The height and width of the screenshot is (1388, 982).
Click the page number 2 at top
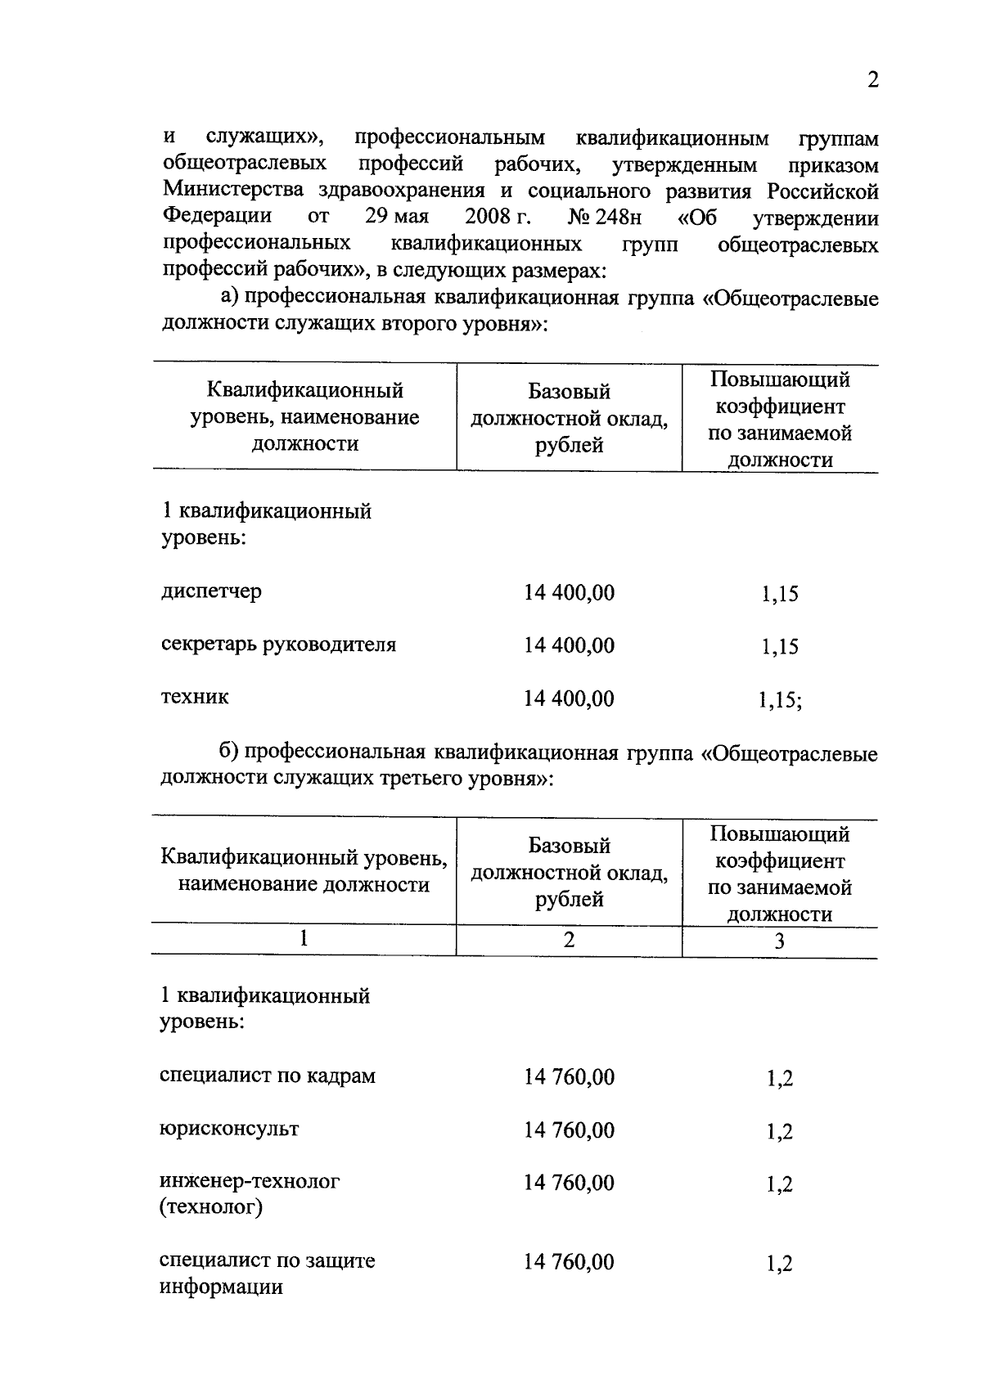(x=872, y=81)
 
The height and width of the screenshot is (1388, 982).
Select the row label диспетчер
(x=211, y=591)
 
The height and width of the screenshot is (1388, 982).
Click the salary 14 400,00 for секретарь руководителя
(x=569, y=645)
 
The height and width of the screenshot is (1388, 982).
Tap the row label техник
(x=195, y=697)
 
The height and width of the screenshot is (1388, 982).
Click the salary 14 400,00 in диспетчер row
(x=569, y=592)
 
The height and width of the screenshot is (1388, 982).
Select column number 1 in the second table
(x=304, y=939)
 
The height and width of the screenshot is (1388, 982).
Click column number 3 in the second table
(x=779, y=941)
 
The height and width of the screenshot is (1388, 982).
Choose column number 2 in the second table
(x=569, y=940)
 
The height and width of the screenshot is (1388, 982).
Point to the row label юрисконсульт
(x=229, y=1129)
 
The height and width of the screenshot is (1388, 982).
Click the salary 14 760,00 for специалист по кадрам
(x=569, y=1076)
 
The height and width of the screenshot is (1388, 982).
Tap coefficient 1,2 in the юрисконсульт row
(x=779, y=1131)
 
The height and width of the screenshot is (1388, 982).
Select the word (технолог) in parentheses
(x=211, y=1206)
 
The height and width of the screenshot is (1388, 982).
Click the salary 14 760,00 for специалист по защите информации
(x=569, y=1262)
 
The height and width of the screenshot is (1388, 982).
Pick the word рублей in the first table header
(x=569, y=445)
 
